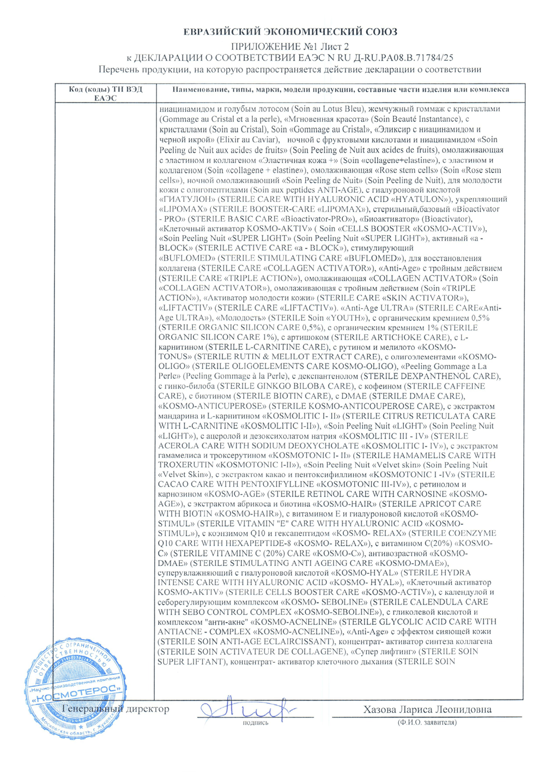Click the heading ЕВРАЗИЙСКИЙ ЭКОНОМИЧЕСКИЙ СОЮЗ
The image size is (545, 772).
pos(289,32)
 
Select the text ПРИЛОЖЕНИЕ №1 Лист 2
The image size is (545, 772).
pos(289,46)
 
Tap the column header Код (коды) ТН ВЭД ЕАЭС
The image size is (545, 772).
pos(105,93)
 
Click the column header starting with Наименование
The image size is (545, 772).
pos(340,89)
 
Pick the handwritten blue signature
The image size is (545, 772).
pos(245,709)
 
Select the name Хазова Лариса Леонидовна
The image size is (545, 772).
pos(427,709)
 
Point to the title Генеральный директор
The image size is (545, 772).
pos(116,709)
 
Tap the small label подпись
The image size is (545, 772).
pos(256,722)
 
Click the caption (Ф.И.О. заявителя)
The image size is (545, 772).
pos(427,722)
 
